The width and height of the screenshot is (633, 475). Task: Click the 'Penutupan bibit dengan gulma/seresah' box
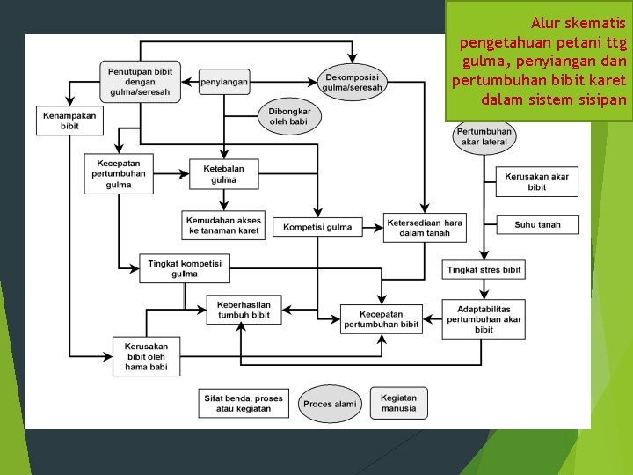point(141,80)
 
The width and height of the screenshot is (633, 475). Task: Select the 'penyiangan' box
point(224,82)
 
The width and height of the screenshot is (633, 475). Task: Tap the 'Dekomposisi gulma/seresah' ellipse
point(352,82)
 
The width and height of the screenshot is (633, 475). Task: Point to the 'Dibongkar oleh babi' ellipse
point(289,116)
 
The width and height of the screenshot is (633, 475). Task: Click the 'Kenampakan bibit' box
point(69,121)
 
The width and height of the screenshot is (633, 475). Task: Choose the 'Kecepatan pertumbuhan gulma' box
point(119,173)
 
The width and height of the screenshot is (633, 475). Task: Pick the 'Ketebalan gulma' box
point(224,174)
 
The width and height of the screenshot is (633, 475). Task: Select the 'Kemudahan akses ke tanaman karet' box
point(224,225)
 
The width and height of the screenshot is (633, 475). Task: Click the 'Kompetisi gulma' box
point(316,227)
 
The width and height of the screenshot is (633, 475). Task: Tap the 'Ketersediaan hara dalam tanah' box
point(425,227)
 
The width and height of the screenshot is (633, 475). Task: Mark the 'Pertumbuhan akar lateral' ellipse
point(484,136)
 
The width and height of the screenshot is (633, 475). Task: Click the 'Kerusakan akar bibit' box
point(536,182)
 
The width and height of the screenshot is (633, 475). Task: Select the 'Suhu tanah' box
point(537,224)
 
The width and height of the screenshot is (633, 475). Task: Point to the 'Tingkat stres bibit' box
point(484,269)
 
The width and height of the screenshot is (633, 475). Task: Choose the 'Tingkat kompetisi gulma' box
point(185,268)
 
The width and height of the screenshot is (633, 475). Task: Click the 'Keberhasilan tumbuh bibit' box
point(244,310)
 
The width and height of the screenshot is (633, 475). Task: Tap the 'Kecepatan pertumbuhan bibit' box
point(381,318)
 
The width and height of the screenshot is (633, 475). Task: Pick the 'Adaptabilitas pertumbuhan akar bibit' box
point(484,318)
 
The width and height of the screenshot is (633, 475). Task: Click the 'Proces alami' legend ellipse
point(330,404)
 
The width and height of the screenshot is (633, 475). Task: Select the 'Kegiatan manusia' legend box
point(398,403)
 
